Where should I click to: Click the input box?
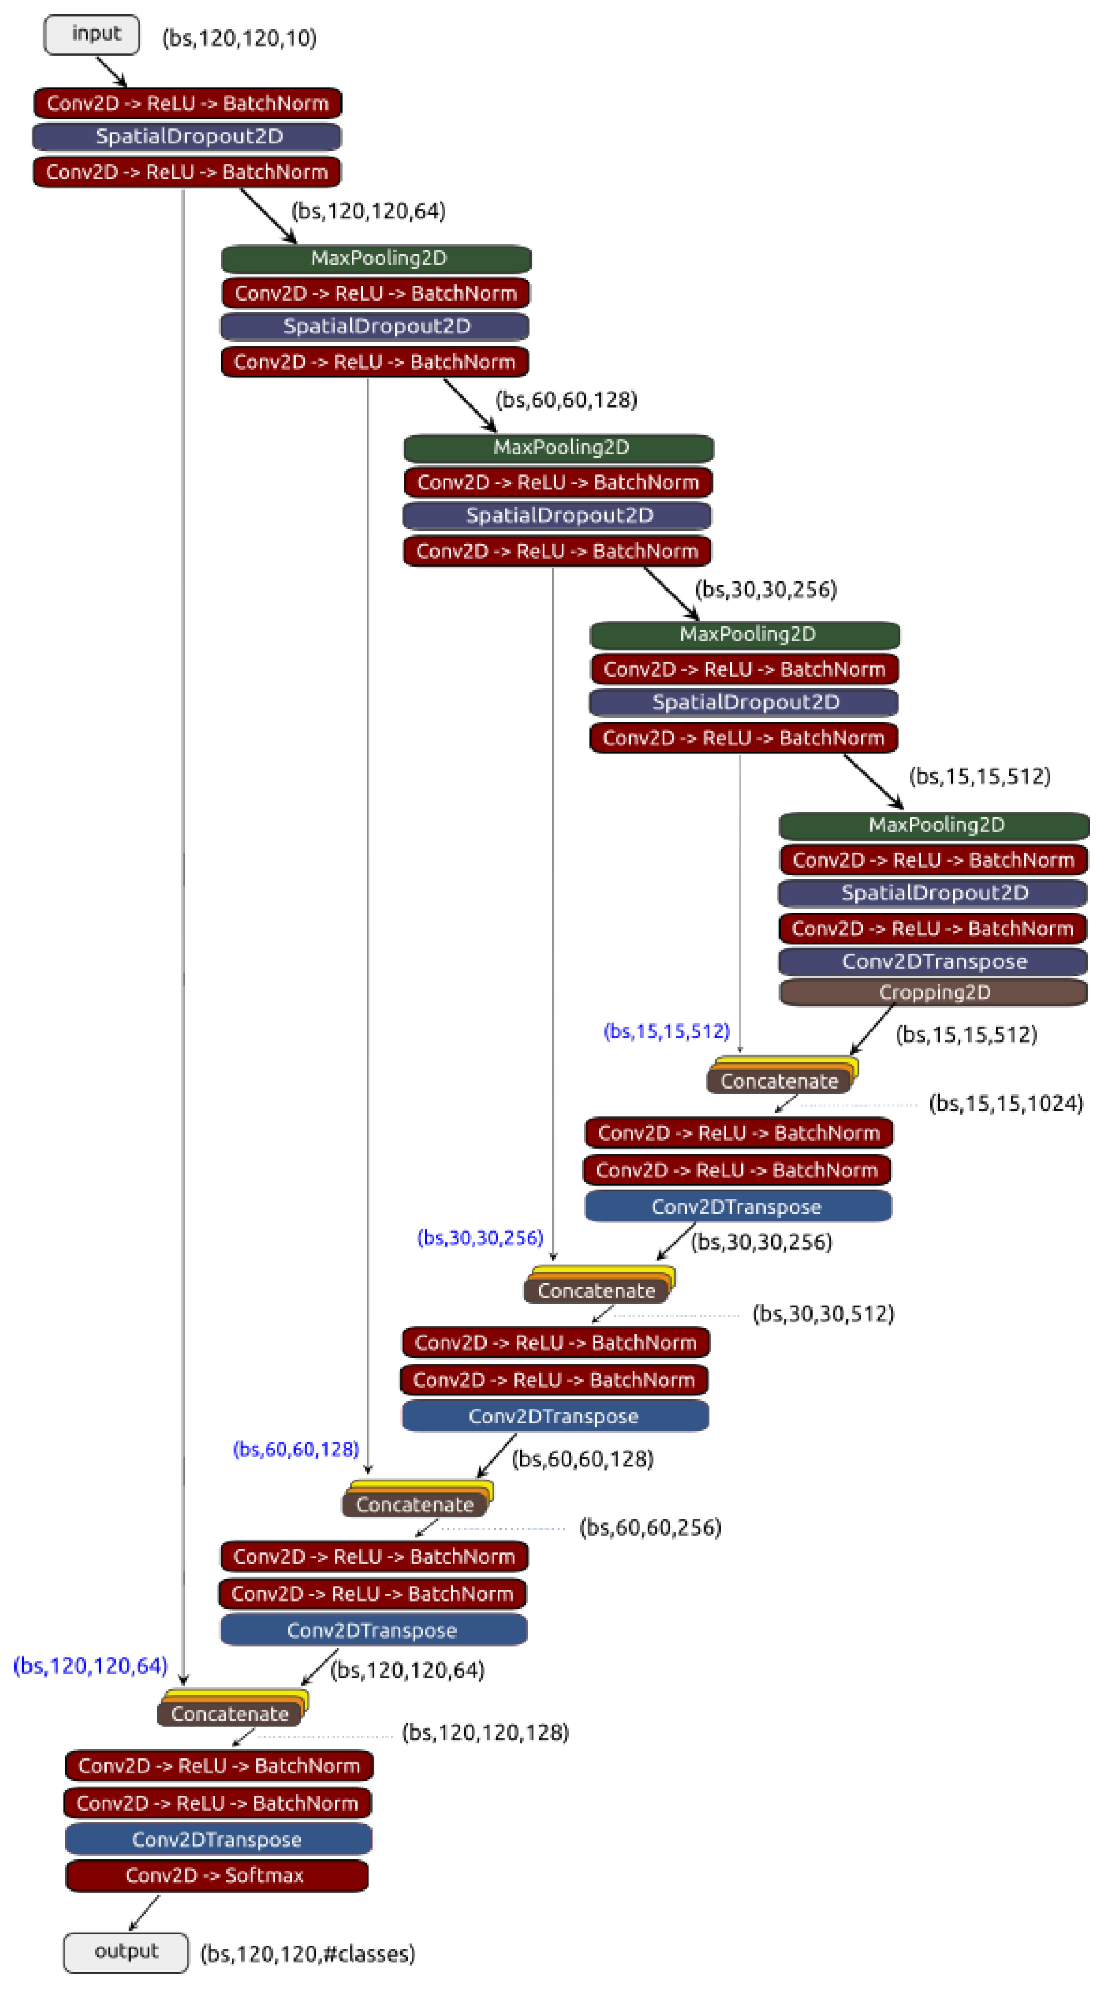pos(91,35)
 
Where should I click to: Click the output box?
pos(125,1951)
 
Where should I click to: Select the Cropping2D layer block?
pos(933,992)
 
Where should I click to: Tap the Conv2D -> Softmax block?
pos(216,1875)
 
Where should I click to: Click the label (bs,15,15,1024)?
pos(1005,1103)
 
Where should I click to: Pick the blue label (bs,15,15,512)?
pos(666,1031)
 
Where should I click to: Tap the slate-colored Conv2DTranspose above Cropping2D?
pos(933,961)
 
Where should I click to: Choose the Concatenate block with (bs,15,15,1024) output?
pos(779,1081)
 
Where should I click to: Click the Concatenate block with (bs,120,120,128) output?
pos(230,1713)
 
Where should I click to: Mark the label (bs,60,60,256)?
pos(650,1527)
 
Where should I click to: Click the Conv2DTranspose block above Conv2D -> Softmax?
pos(218,1839)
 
